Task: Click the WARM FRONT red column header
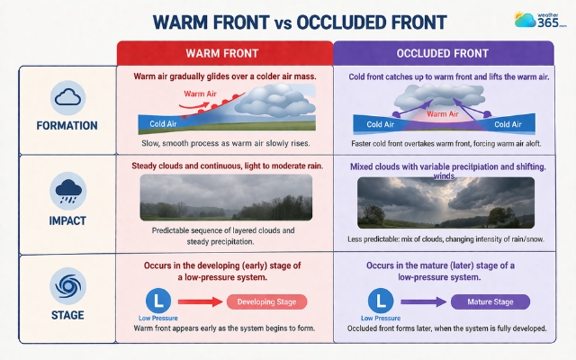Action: pyautogui.click(x=224, y=53)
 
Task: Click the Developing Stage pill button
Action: pyautogui.click(x=267, y=302)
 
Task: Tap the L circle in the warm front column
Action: pyautogui.click(x=157, y=300)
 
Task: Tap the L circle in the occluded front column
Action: pyautogui.click(x=382, y=300)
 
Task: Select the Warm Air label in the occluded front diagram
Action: pyautogui.click(x=442, y=114)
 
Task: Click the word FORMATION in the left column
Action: pyautogui.click(x=68, y=125)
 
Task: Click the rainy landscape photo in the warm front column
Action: pyautogui.click(x=226, y=198)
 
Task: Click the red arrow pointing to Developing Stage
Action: pyautogui.click(x=197, y=301)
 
